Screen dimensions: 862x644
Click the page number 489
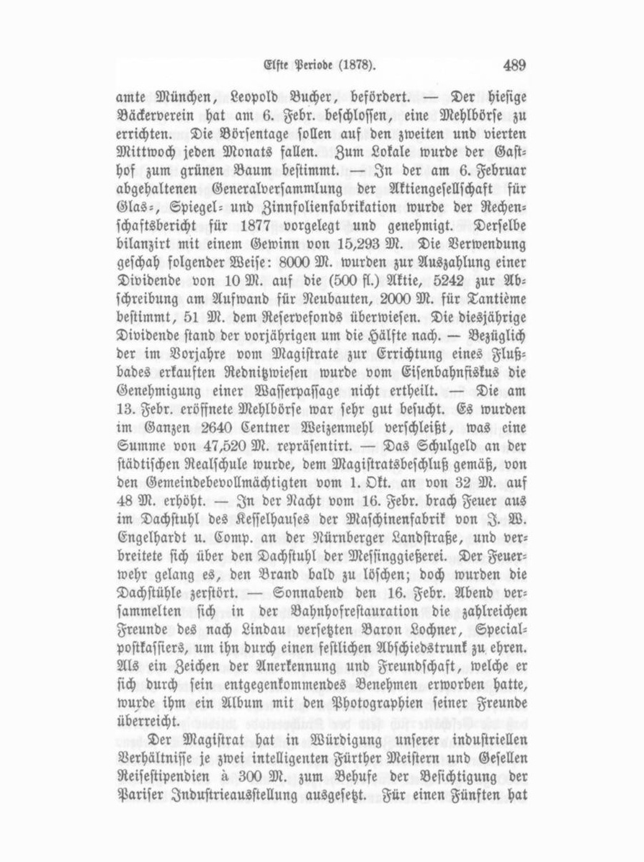point(514,66)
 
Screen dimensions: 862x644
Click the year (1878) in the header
point(357,66)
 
